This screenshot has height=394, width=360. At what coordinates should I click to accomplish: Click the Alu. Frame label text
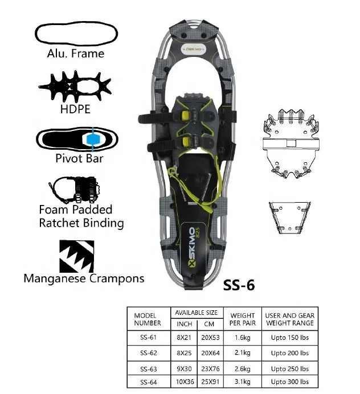point(76,54)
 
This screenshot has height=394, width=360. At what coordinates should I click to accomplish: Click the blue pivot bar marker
point(91,139)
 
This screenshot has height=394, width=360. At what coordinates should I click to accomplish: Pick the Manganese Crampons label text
point(84,278)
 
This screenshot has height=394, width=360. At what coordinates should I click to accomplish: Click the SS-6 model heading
point(238,285)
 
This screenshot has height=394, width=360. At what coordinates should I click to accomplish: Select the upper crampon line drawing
point(290,145)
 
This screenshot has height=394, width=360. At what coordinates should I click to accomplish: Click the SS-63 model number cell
point(148,368)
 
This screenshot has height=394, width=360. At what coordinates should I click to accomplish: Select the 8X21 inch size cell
point(183,338)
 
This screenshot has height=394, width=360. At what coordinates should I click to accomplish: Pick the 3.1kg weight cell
point(242,381)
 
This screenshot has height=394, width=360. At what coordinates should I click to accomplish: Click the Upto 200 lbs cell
point(289,353)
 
